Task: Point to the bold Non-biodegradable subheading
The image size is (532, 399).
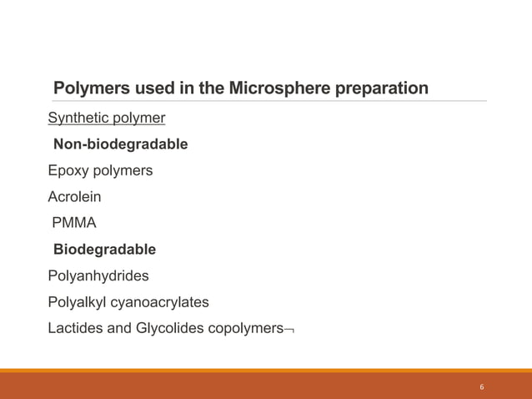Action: (x=120, y=144)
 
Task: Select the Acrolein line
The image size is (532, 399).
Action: (x=74, y=197)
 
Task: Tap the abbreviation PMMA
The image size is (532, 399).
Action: (x=74, y=223)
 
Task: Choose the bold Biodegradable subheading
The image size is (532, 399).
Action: (x=104, y=250)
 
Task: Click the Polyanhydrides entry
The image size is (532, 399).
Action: (x=98, y=275)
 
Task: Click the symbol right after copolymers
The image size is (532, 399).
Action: (x=289, y=330)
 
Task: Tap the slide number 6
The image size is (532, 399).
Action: (x=482, y=387)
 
